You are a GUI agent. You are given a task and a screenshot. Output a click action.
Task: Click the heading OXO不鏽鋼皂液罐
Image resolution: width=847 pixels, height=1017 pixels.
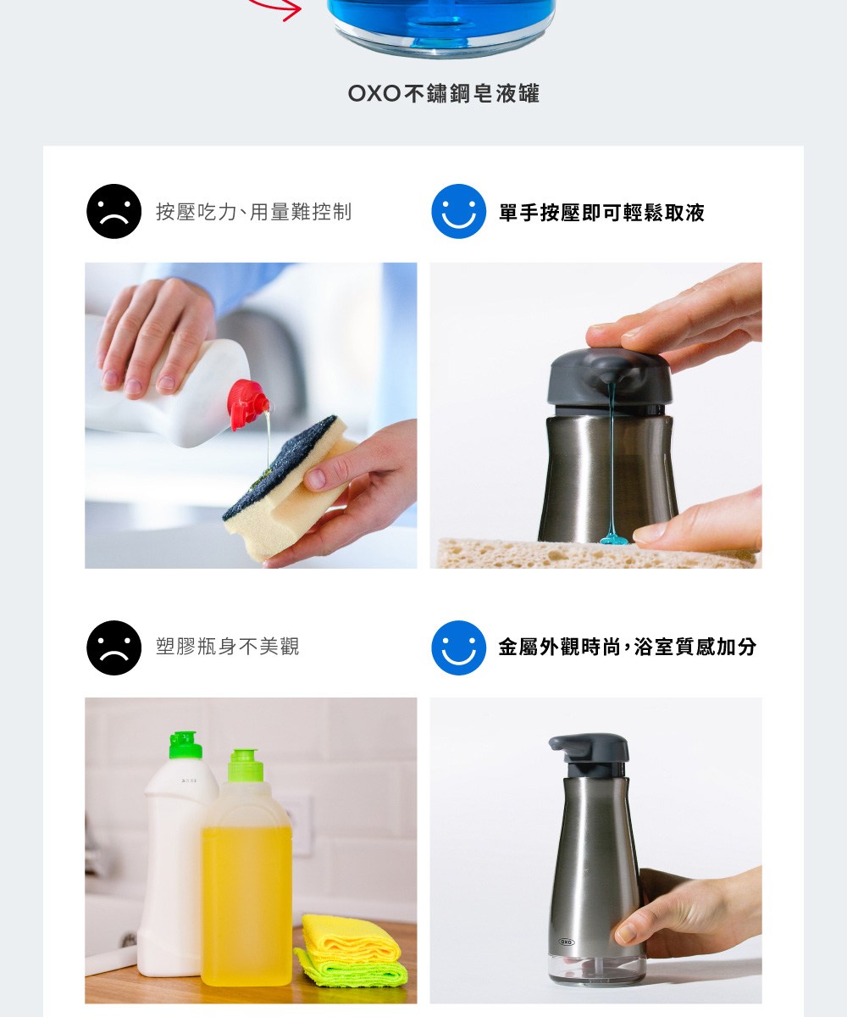(444, 93)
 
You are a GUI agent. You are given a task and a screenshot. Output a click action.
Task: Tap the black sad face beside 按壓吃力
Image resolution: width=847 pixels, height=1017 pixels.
(113, 211)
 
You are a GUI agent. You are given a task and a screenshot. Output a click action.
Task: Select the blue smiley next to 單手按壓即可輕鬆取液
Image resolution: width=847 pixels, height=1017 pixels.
(458, 211)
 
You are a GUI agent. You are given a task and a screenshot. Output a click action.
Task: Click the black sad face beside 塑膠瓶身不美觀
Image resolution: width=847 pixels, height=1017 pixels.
(113, 647)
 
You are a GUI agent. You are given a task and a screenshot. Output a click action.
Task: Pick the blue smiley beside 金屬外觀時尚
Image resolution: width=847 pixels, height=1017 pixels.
(458, 647)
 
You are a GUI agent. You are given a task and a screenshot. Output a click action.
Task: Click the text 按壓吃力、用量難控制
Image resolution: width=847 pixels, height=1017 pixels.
(253, 213)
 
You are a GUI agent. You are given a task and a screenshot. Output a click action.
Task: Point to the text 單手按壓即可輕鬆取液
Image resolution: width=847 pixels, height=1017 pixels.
(601, 213)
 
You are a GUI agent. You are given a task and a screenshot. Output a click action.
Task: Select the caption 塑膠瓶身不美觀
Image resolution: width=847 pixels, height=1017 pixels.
(227, 647)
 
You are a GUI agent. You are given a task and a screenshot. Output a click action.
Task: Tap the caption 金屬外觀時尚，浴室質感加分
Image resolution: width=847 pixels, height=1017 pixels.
(628, 647)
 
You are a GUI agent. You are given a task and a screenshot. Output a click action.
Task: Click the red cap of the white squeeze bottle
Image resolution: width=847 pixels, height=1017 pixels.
(248, 405)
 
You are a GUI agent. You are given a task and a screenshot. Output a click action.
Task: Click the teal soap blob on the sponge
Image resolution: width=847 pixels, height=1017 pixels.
(617, 538)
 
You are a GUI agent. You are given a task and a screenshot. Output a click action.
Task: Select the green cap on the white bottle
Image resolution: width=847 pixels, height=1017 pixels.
(185, 745)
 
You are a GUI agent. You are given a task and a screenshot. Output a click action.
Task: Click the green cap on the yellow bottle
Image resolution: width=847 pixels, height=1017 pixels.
(246, 765)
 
